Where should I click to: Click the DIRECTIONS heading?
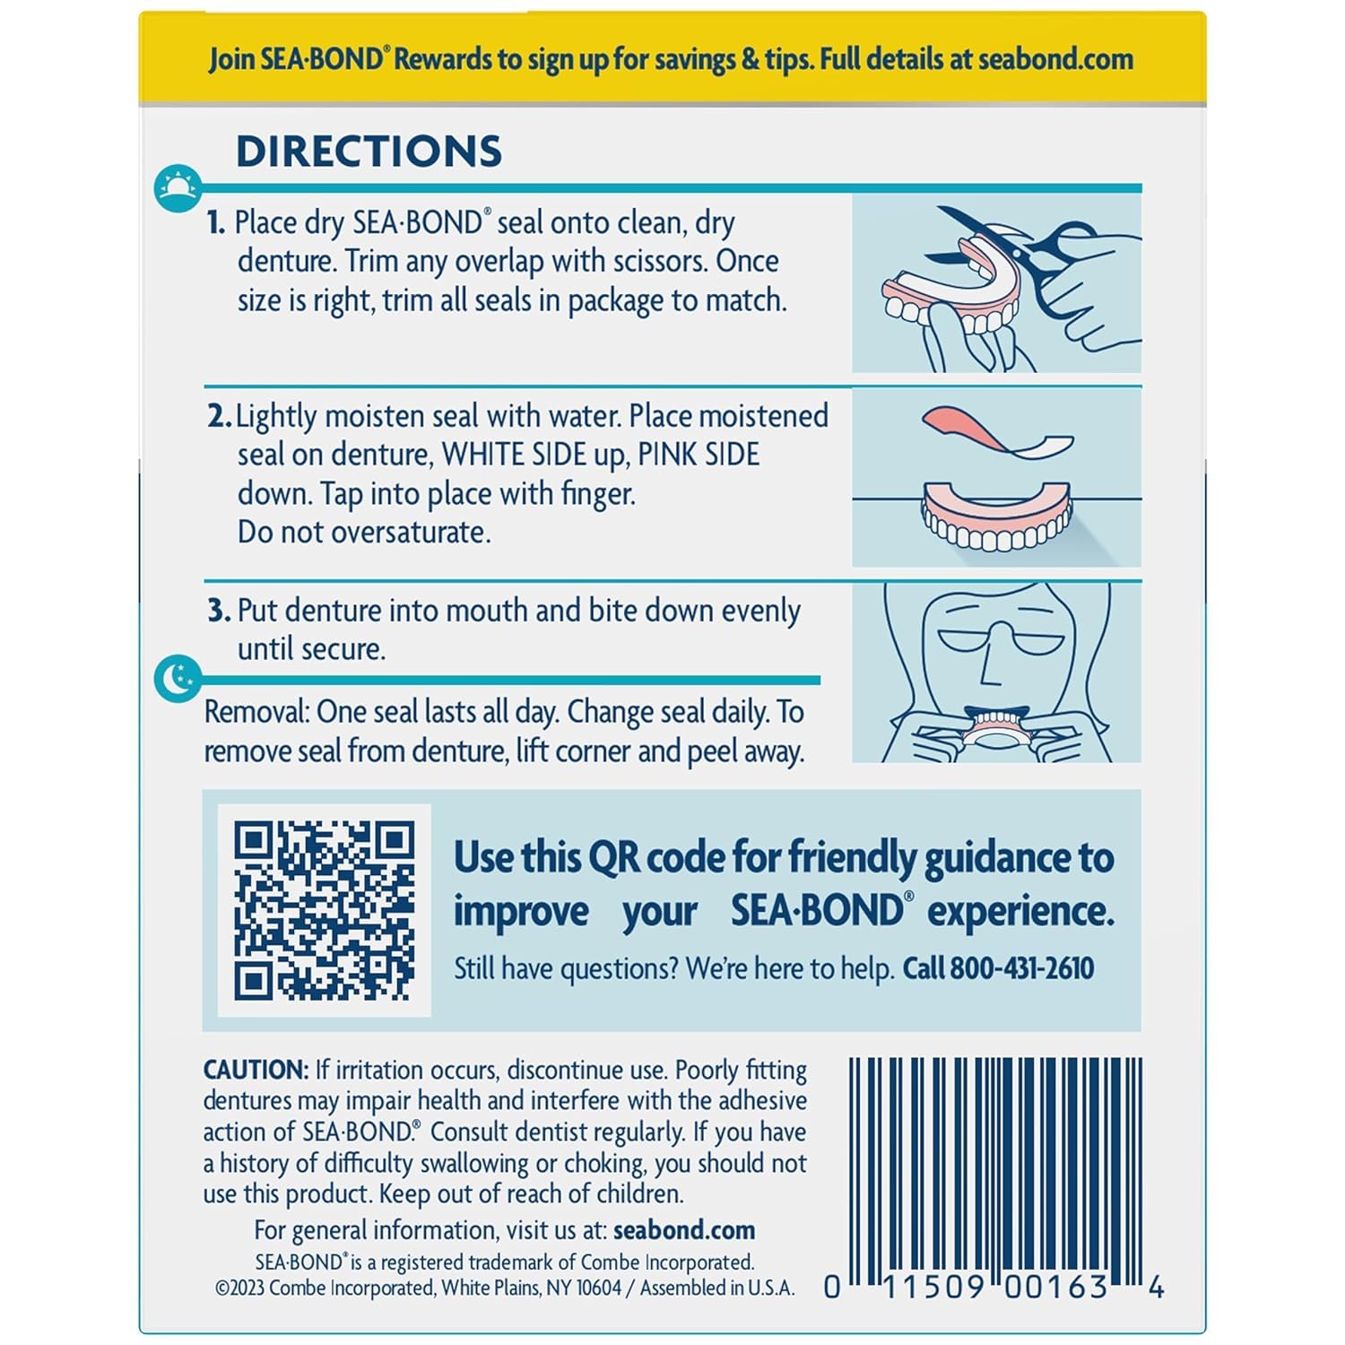pyautogui.click(x=369, y=152)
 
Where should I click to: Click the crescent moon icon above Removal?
pyautogui.click(x=177, y=678)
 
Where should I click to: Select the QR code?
pyautogui.click(x=325, y=910)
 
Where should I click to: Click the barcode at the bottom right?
pyautogui.click(x=995, y=1166)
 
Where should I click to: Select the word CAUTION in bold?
pyautogui.click(x=256, y=1070)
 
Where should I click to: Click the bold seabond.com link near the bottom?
pyautogui.click(x=683, y=1229)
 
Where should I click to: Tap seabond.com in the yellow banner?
pyautogui.click(x=1055, y=59)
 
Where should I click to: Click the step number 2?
pyautogui.click(x=218, y=416)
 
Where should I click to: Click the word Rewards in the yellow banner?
pyautogui.click(x=444, y=59)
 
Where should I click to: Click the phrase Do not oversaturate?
pyautogui.click(x=364, y=533)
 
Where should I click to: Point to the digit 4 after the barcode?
pyautogui.click(x=1156, y=1288)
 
